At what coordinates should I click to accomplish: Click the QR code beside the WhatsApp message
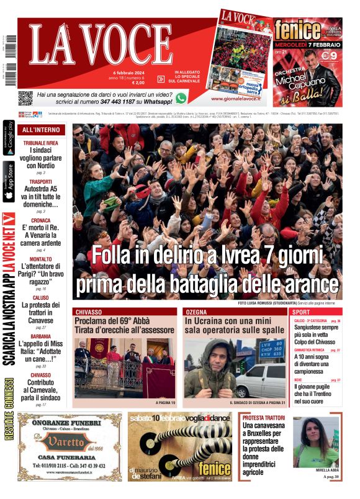coord(25,97)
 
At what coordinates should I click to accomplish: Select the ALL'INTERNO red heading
coord(41,130)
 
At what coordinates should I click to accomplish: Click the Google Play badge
coord(9,139)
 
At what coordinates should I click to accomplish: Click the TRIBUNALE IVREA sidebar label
coord(41,143)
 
